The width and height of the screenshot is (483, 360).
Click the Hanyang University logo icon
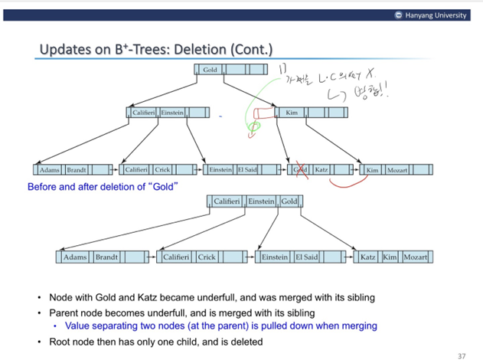(399, 15)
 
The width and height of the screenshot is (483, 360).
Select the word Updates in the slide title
(66, 50)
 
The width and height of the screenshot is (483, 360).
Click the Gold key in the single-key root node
(210, 70)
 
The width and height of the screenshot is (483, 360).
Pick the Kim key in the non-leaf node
(292, 113)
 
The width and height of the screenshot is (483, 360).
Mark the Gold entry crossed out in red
(301, 169)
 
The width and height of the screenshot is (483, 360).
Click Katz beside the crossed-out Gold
(321, 169)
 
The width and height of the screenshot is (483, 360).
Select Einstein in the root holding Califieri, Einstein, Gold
(261, 201)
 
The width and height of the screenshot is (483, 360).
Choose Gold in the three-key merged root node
(289, 201)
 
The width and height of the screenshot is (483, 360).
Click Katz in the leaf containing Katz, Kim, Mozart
(367, 257)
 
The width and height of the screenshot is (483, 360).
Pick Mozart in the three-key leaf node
(415, 257)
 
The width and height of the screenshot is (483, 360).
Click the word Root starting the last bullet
(60, 341)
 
